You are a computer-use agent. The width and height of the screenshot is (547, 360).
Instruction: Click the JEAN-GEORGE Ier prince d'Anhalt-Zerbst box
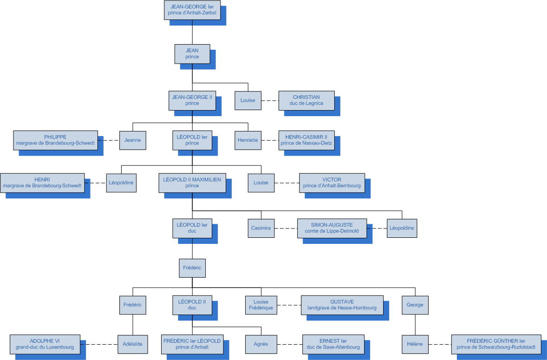pyautogui.click(x=192, y=10)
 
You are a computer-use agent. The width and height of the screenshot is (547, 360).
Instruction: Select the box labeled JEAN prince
pyautogui.click(x=192, y=54)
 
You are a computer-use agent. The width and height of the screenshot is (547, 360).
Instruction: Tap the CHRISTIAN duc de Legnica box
pyautogui.click(x=306, y=100)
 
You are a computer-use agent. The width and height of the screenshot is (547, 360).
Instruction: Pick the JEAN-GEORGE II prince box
pyautogui.click(x=192, y=100)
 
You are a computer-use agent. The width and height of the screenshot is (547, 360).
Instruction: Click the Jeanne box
pyautogui.click(x=133, y=140)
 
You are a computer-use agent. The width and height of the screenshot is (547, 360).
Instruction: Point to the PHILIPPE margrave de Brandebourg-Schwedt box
pyautogui.click(x=56, y=140)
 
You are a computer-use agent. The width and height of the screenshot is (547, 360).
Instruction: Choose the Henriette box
pyautogui.click(x=248, y=140)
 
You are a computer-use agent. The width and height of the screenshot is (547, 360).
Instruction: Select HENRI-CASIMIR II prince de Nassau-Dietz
pyautogui.click(x=306, y=140)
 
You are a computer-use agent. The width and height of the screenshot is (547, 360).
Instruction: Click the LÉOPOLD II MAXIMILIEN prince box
pyautogui.click(x=192, y=183)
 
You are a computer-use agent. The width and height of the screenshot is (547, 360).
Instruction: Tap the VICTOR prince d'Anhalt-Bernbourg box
pyautogui.click(x=332, y=183)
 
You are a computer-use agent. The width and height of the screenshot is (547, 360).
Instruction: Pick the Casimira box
pyautogui.click(x=261, y=228)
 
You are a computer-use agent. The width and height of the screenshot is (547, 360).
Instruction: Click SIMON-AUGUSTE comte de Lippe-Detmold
pyautogui.click(x=332, y=228)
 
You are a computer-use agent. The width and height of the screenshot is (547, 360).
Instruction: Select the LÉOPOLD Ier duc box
pyautogui.click(x=192, y=228)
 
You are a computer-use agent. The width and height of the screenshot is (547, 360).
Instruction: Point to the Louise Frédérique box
pyautogui.click(x=261, y=305)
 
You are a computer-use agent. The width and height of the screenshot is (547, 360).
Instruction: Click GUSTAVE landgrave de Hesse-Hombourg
pyautogui.click(x=342, y=305)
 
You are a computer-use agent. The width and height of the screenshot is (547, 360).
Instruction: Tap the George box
pyautogui.click(x=415, y=305)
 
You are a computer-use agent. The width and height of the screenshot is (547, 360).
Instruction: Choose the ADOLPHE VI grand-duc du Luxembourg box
pyautogui.click(x=45, y=344)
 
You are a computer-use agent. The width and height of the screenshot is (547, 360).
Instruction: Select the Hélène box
pyautogui.click(x=415, y=344)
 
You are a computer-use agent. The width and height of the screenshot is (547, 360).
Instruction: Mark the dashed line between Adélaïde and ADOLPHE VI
pyautogui.click(x=99, y=344)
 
